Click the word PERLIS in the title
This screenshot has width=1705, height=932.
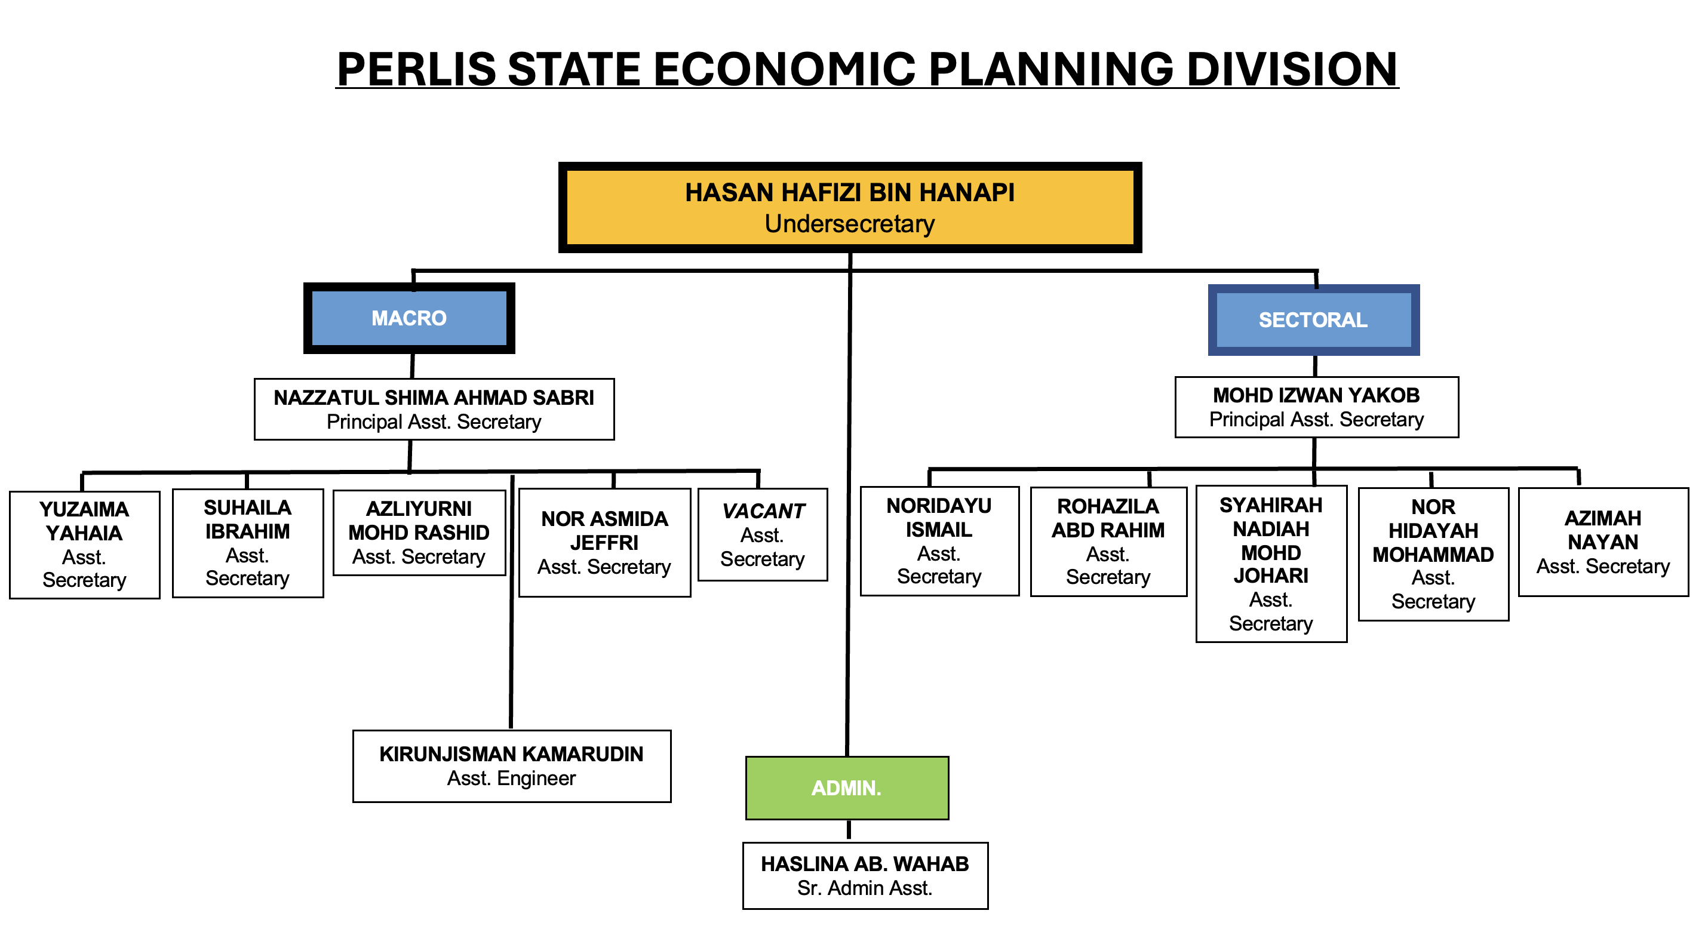[x=416, y=69]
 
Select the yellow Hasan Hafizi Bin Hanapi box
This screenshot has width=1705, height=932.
[x=849, y=207]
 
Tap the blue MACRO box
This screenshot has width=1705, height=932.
[x=409, y=318]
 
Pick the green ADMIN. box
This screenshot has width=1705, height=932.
[x=847, y=788]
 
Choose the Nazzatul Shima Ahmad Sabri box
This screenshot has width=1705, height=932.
[x=434, y=409]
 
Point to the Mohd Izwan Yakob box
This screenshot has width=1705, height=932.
[x=1316, y=407]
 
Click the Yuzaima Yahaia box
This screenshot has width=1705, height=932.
[x=84, y=544]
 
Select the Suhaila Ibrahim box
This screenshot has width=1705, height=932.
[x=248, y=543]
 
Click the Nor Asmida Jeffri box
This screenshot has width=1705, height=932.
[x=604, y=542]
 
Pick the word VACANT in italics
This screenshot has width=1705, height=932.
[x=763, y=511]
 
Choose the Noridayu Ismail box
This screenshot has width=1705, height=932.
[x=939, y=541]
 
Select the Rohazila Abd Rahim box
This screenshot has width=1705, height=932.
[x=1108, y=542]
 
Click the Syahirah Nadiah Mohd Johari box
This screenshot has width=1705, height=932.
[x=1271, y=563]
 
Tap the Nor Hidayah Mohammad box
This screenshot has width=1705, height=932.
[x=1433, y=554]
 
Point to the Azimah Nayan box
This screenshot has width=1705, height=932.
[x=1602, y=542]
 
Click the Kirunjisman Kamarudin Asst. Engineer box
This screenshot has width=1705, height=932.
[x=511, y=766]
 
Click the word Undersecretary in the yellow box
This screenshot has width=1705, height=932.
[x=849, y=224]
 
